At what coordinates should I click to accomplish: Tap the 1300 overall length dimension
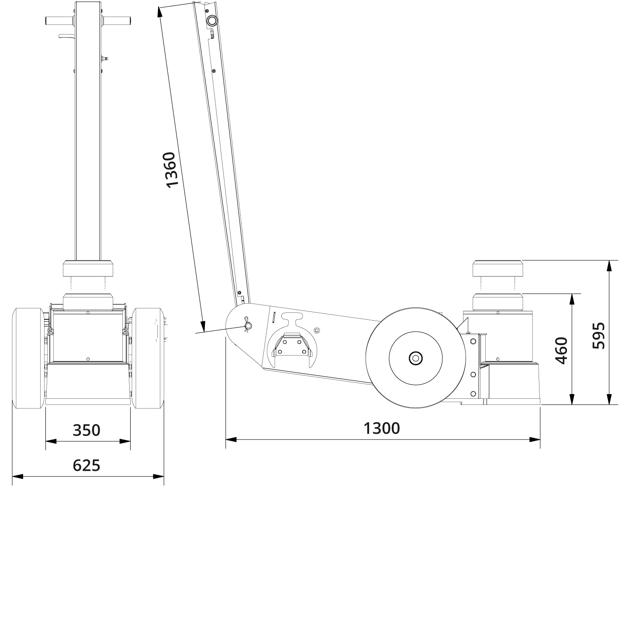[381, 429]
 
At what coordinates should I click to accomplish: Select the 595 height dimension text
[598, 335]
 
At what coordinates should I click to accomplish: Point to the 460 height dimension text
[561, 350]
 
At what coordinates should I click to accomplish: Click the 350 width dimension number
[86, 430]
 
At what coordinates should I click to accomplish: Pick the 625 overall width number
[86, 466]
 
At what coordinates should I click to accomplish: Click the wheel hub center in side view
[415, 359]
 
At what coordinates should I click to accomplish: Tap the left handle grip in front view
[60, 21]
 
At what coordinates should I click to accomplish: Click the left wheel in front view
[28, 358]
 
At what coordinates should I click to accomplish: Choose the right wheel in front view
[148, 358]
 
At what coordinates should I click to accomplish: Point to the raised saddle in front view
[88, 268]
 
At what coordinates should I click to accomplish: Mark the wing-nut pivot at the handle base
[248, 325]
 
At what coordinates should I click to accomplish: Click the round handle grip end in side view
[212, 21]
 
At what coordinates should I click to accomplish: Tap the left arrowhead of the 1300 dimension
[231, 439]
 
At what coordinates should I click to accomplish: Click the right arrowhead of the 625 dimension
[159, 476]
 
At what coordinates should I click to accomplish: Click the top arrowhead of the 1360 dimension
[160, 13]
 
